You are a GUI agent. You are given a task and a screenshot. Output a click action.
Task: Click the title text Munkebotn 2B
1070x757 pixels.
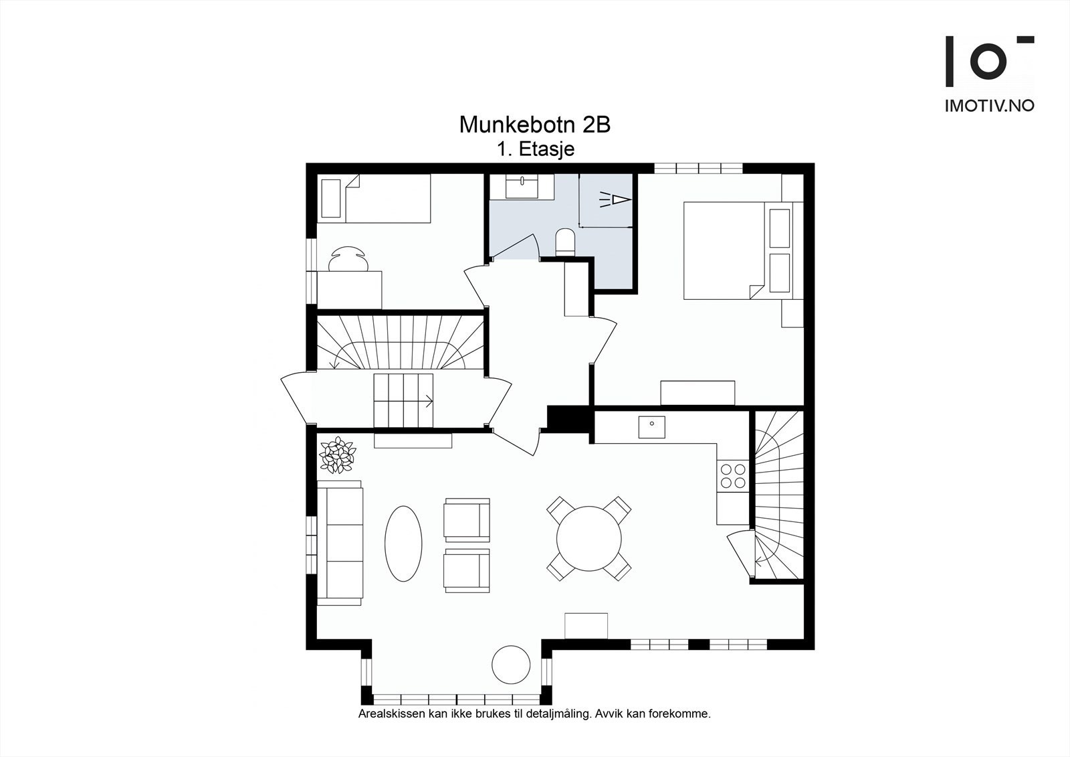click(534, 124)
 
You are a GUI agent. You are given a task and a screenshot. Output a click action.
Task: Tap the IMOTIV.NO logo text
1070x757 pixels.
click(989, 106)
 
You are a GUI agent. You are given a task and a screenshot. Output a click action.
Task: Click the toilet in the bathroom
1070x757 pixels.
click(565, 242)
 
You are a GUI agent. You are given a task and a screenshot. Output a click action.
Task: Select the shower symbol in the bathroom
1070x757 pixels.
click(615, 199)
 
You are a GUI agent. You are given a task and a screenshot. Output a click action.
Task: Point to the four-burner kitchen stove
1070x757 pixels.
click(732, 475)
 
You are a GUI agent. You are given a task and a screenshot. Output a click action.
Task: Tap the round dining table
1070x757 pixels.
click(588, 538)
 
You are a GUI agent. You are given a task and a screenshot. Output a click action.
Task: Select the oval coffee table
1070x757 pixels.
click(403, 543)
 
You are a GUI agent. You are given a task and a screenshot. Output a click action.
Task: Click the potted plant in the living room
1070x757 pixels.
click(337, 455)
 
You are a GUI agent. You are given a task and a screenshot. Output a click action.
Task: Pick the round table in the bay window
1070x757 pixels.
click(511, 663)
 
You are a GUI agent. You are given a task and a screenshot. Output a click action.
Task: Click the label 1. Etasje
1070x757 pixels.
click(536, 149)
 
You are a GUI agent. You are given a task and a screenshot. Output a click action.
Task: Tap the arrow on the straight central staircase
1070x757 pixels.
click(427, 401)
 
